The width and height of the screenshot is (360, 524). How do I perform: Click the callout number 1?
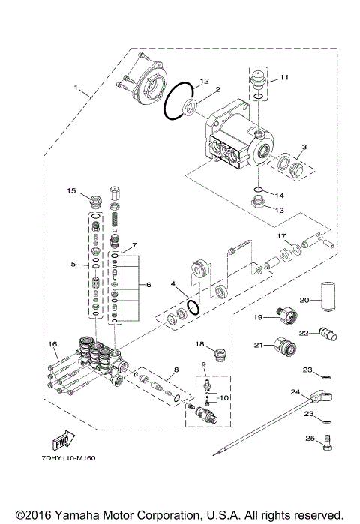pyautogui.click(x=75, y=88)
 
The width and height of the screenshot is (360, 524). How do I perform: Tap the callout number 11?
pyautogui.click(x=284, y=78)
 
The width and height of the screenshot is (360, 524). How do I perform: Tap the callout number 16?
pyautogui.click(x=53, y=344)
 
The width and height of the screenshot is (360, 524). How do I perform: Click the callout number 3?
pyautogui.click(x=303, y=147)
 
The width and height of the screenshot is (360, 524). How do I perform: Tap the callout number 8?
pyautogui.click(x=175, y=370)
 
